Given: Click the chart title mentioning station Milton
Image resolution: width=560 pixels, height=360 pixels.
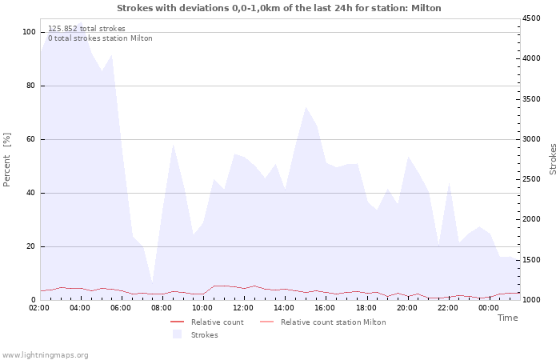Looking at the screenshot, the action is (279, 8).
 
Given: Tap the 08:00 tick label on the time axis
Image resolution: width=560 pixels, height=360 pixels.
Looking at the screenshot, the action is (162, 308).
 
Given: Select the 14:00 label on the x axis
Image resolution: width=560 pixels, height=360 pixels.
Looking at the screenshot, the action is (284, 308).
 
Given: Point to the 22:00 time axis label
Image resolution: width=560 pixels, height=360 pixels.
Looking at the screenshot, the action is (447, 308).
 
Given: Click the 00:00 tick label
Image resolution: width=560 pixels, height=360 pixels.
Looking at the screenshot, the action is (488, 308).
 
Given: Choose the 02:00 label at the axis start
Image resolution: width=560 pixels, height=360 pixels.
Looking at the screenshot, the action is (39, 308).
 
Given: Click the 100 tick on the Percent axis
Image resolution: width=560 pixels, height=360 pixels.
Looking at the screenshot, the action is (29, 32).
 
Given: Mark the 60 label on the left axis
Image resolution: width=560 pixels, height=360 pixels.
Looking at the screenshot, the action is (30, 139).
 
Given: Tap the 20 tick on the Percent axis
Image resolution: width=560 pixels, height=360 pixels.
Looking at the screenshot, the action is (30, 246).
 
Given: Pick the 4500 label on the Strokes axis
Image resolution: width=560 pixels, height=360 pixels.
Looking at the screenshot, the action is (531, 18).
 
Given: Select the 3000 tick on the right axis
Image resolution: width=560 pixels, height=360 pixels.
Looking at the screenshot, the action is (531, 139).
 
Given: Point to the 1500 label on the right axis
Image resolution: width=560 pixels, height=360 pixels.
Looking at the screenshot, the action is (531, 260).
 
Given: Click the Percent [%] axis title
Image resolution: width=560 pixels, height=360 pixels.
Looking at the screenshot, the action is (6, 160).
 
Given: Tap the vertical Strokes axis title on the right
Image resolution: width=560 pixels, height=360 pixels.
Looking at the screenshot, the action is (553, 159).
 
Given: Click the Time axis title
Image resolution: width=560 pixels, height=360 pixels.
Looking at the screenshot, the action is (507, 318).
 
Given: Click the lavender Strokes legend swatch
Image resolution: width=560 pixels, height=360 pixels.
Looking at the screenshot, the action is (177, 334).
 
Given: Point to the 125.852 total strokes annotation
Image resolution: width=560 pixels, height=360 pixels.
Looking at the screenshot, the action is (86, 29).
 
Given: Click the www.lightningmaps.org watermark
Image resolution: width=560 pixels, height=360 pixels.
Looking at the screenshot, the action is (44, 355).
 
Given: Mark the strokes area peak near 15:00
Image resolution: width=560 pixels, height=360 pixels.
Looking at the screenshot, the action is (306, 106).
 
